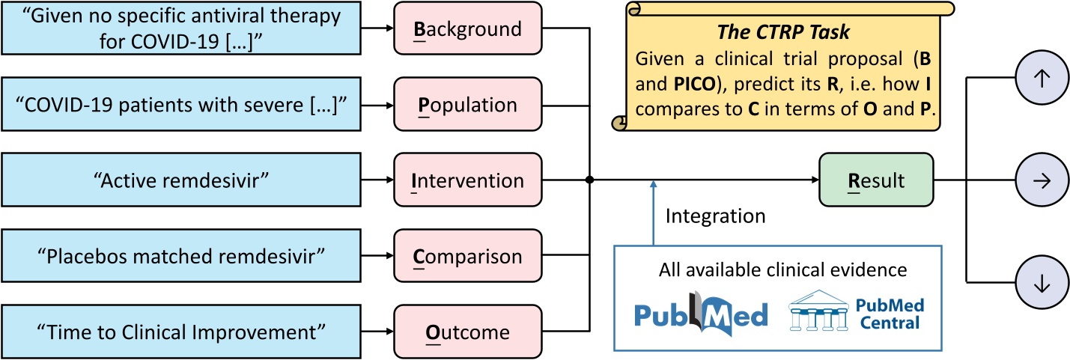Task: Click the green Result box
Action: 875,180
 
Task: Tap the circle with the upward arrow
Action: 1036,79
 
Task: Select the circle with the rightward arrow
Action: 1036,180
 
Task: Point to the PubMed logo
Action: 701,314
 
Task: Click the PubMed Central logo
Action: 857,313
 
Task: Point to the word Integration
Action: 715,216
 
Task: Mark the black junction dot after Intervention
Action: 590,180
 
